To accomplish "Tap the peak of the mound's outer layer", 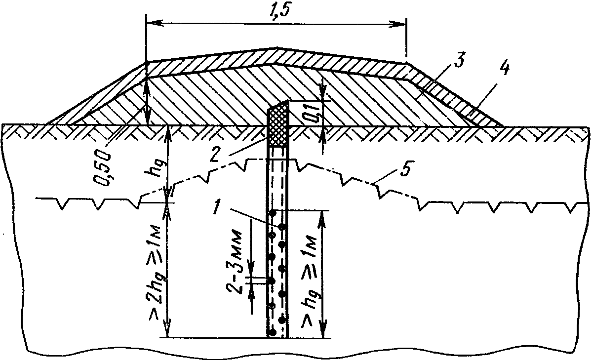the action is [277, 48].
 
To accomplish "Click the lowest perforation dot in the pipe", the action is [272, 332].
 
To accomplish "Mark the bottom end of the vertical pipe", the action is [278, 337].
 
